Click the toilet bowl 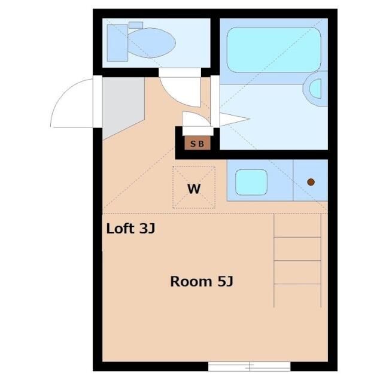152,43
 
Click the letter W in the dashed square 194,189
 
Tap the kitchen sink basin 251,183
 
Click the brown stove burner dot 311,181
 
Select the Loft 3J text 130,229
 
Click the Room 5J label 201,281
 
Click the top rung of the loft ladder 297,237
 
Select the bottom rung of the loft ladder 297,283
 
